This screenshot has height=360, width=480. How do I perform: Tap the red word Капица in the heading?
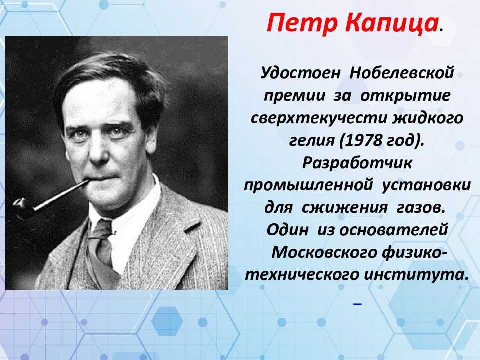point(392,23)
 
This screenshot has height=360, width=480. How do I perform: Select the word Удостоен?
point(300,73)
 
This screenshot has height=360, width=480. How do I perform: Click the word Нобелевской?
point(401,73)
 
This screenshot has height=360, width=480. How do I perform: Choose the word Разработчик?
point(357,163)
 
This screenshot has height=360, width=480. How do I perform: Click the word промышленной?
point(308,185)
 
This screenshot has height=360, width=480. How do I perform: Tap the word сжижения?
point(344,208)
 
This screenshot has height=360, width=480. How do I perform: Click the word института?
point(416,275)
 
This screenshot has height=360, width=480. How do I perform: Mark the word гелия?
point(312,141)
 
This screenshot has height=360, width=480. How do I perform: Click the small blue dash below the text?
point(357,304)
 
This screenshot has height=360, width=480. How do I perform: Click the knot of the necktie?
point(100,230)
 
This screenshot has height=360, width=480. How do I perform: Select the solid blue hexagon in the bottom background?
point(167,321)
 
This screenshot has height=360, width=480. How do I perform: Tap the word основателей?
point(394,230)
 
